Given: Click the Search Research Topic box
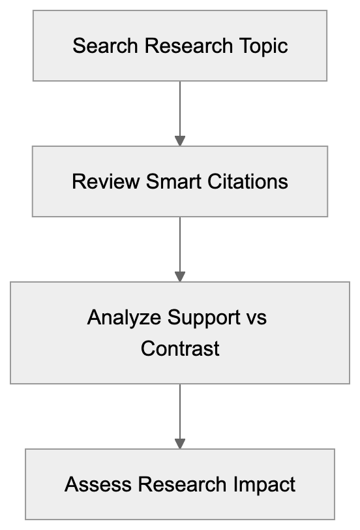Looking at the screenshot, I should pyautogui.click(x=180, y=46).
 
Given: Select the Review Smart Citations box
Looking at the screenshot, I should pyautogui.click(x=180, y=181).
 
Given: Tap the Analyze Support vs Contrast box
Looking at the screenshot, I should pyautogui.click(x=180, y=332).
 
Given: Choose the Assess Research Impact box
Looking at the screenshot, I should pyautogui.click(x=180, y=484).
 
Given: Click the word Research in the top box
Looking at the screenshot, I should pyautogui.click(x=188, y=46).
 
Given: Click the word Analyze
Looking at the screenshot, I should pyautogui.click(x=125, y=318).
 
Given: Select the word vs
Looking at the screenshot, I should pyautogui.click(x=256, y=318).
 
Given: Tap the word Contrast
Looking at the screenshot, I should pyautogui.click(x=180, y=348).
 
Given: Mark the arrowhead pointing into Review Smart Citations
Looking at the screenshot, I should pyautogui.click(x=180, y=141).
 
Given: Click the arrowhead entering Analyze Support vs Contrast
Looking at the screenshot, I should pyautogui.click(x=180, y=277).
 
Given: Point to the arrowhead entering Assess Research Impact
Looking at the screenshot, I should pyautogui.click(x=180, y=444).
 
